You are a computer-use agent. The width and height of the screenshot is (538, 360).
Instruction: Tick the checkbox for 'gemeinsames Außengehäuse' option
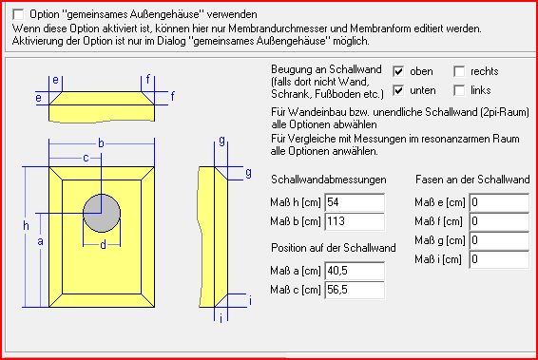click(x=18, y=14)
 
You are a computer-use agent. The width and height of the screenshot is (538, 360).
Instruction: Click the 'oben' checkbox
click(x=398, y=71)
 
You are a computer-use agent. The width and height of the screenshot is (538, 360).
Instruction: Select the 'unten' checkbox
click(x=398, y=90)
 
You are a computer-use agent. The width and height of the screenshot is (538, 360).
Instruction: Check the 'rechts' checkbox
click(x=459, y=71)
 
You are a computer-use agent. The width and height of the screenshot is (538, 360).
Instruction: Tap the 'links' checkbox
click(x=459, y=90)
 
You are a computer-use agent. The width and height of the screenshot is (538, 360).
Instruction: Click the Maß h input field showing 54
click(x=355, y=202)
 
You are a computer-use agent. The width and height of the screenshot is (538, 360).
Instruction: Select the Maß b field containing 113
click(x=355, y=221)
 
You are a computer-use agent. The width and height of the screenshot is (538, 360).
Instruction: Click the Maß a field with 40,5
click(x=355, y=271)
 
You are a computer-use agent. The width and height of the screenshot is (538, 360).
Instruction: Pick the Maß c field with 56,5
click(x=355, y=290)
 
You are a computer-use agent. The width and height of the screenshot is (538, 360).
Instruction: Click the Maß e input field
click(x=499, y=202)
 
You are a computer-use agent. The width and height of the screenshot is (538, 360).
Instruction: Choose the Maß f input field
click(x=499, y=221)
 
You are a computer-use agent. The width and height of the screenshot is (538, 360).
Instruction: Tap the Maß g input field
click(x=499, y=240)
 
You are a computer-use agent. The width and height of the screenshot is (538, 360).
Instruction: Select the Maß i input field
click(x=499, y=259)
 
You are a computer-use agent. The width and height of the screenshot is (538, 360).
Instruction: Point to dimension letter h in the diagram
click(x=26, y=226)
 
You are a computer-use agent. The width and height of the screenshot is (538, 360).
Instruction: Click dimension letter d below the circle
click(x=103, y=245)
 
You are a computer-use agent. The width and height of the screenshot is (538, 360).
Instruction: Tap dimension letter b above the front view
click(x=101, y=143)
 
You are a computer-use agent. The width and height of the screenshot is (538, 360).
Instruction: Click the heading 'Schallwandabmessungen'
click(x=328, y=180)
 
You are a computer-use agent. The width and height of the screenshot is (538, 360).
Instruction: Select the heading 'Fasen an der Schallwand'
click(x=472, y=180)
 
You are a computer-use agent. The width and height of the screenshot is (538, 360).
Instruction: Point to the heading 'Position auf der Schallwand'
click(x=334, y=248)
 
